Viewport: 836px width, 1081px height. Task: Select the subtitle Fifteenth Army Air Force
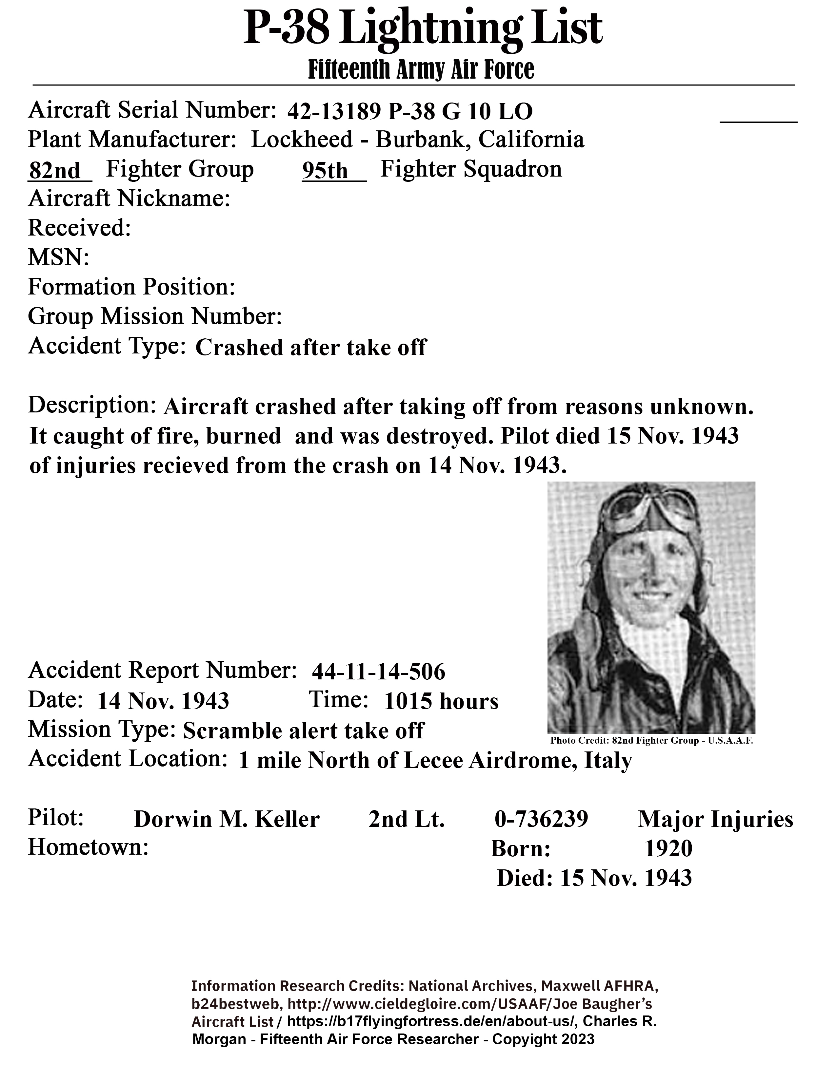coord(421,70)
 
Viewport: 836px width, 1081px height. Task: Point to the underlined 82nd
coord(54,171)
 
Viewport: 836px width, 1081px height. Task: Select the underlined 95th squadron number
coord(326,171)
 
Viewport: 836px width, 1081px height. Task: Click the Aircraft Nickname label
coord(129,199)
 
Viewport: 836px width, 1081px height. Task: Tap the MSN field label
coord(58,257)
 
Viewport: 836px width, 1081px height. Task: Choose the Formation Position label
coord(131,287)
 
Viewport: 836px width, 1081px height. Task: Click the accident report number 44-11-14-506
coord(378,672)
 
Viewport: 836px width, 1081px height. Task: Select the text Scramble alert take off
coord(303,730)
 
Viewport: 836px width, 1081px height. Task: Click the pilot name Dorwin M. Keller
coord(226,819)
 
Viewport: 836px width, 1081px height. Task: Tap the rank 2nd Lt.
coord(407,819)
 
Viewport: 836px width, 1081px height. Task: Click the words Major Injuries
coord(715,819)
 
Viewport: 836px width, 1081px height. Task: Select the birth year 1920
coord(668,848)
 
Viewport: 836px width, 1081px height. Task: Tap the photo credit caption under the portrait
coord(651,741)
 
